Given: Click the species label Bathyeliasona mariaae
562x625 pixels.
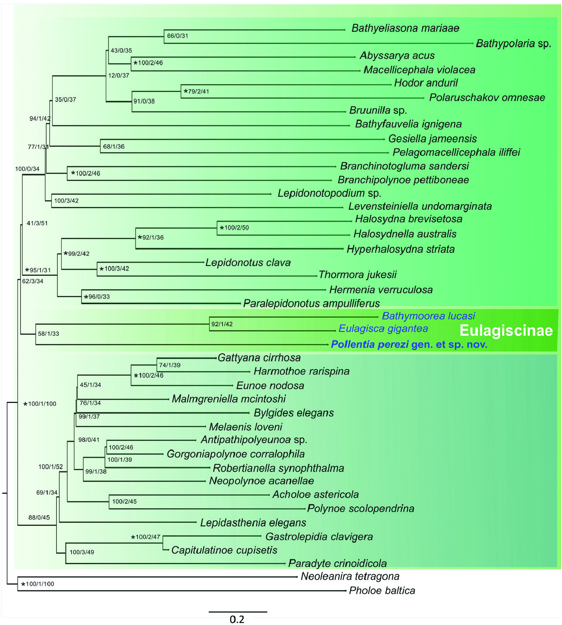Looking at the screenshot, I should coord(405,28).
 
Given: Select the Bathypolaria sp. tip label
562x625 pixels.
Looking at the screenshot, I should coord(513,43).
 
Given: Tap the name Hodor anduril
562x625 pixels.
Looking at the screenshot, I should coord(426,83).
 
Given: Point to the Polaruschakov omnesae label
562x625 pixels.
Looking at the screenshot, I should coord(487,98).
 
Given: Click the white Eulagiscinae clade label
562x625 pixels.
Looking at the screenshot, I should coord(506,331).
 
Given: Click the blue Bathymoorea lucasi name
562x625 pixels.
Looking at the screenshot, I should coord(428,316).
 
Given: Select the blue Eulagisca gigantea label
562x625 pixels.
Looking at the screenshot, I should coord(383,329).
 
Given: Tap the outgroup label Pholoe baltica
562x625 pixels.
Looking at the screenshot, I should coord(382,591).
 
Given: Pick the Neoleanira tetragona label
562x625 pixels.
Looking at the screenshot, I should coord(350,576).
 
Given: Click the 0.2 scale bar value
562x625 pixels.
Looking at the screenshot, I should coord(237,619).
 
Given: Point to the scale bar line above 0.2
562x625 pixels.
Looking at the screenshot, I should coord(238,612).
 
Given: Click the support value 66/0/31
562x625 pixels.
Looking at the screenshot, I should coord(177,36).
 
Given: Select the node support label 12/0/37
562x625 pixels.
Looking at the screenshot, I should coord(119,75).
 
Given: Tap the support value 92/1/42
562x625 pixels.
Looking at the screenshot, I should coord(222,324).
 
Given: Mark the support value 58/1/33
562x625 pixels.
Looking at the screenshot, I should coord(48,334).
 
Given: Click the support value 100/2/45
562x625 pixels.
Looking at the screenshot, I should coord(124,502).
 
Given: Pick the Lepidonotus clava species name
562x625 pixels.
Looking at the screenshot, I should coord(248,263).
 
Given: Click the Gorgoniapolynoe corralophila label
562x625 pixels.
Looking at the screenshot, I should coord(236,454).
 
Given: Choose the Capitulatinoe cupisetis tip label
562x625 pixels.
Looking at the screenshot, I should coord(224,550).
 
